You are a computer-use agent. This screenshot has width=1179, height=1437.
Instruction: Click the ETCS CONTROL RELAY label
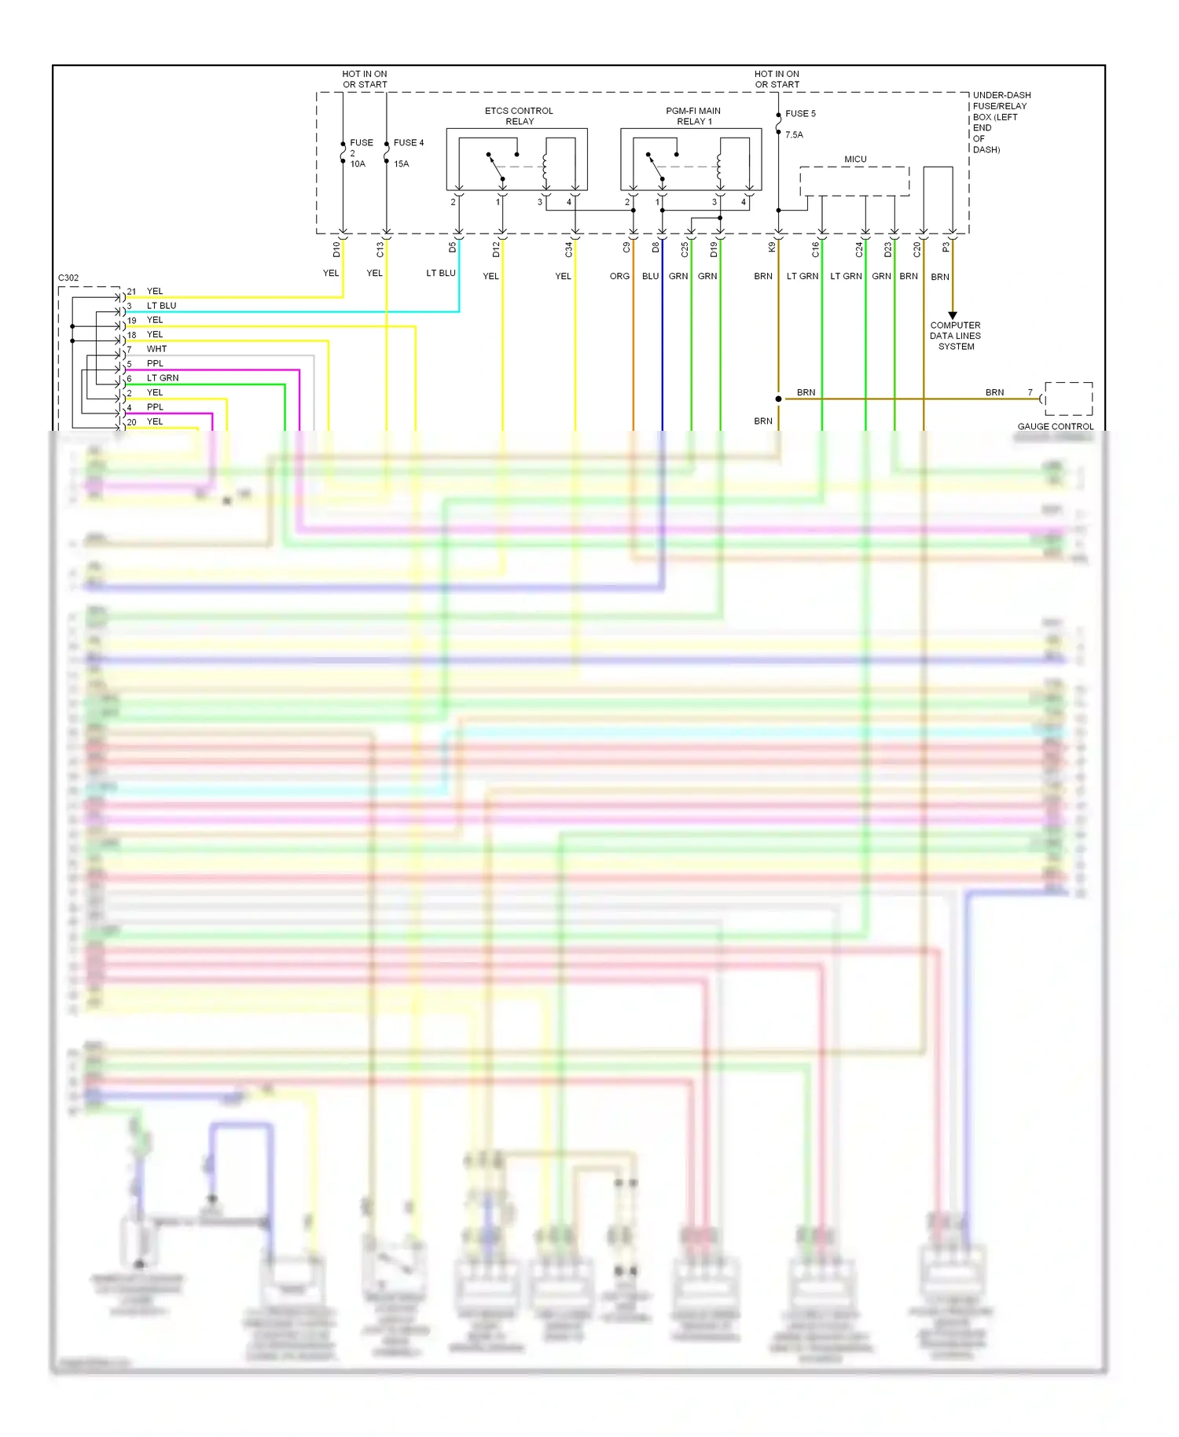519,116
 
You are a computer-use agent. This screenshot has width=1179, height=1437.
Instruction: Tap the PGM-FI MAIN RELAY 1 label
693,116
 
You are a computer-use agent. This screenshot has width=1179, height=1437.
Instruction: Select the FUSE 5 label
800,113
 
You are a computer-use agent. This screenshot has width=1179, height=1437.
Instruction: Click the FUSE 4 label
408,142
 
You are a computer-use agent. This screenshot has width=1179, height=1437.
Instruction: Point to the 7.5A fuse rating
794,134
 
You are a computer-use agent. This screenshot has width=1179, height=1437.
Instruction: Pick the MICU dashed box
854,181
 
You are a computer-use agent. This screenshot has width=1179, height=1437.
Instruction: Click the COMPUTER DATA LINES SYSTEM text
955,336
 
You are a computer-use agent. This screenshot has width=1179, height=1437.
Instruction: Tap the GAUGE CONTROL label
1055,426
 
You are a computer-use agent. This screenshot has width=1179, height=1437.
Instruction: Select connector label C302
68,277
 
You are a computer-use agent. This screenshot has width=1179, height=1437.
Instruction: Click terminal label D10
336,249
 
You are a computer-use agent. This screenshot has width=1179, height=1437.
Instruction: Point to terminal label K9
772,247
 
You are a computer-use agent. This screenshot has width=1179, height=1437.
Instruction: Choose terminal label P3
946,247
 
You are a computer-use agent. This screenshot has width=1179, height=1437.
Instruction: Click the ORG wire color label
619,276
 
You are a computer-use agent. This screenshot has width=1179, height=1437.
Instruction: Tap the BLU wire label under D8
650,276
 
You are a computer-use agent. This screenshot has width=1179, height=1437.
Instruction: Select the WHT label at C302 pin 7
156,349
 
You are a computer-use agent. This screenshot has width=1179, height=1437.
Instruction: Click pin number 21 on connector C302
131,292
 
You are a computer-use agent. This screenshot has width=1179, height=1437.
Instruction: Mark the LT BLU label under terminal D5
440,273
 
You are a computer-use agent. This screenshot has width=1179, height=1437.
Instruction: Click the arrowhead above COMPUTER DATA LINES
953,315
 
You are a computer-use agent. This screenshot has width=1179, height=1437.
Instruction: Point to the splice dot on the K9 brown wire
778,399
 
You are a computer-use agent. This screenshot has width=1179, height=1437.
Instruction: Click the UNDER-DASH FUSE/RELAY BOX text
1001,122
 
